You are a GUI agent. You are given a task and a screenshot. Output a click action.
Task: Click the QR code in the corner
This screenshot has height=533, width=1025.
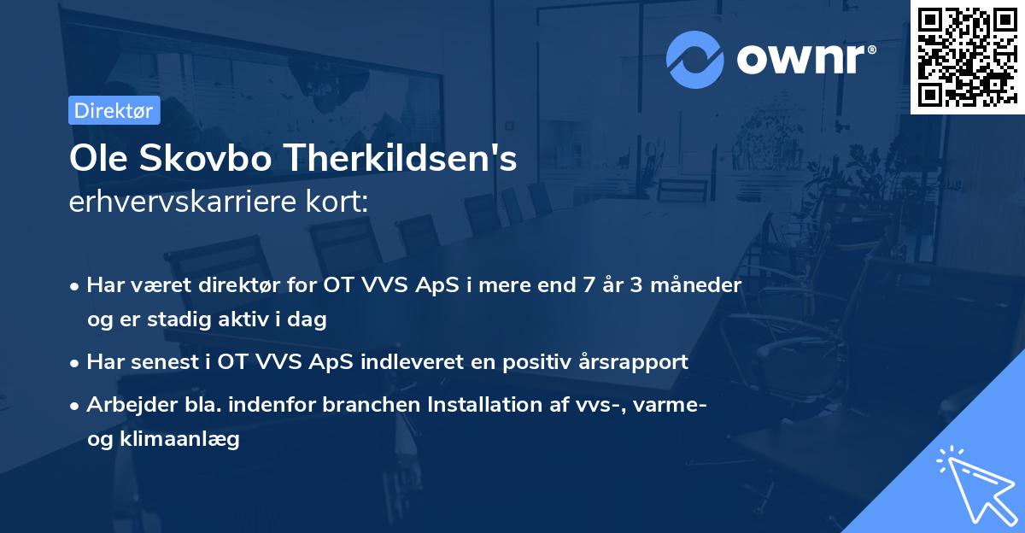967,56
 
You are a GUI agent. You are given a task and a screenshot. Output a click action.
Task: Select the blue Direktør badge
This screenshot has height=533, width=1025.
114,110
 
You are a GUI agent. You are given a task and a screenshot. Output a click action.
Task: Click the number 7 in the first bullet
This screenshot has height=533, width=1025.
587,284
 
